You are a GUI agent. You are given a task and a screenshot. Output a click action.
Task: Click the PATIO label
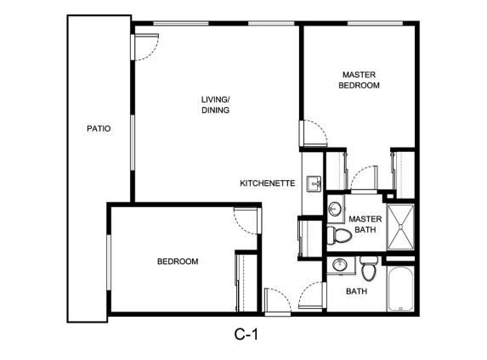(99, 128)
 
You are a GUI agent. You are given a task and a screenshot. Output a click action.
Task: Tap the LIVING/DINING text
(216, 105)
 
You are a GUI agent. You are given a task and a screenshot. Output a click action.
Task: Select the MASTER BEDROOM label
(359, 80)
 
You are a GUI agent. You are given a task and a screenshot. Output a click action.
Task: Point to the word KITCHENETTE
(268, 183)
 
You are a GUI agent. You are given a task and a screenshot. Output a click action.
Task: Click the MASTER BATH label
(365, 224)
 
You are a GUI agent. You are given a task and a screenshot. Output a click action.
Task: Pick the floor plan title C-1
(246, 335)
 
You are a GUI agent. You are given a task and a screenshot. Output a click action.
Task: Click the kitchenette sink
(314, 184)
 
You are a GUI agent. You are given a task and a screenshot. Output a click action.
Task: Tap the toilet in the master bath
(339, 235)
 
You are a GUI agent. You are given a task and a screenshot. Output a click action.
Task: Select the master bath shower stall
(400, 228)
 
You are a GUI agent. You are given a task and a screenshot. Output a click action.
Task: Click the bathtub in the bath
(400, 289)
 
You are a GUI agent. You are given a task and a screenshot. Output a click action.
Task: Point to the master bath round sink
(335, 209)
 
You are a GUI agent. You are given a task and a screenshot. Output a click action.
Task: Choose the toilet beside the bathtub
(369, 269)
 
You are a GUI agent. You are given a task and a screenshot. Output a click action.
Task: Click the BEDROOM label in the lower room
(178, 262)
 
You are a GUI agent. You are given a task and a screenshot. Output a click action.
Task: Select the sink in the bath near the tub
(339, 265)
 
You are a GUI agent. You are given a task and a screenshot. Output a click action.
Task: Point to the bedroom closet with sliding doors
(246, 283)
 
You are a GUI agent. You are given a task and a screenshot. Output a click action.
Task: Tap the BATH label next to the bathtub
(357, 291)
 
